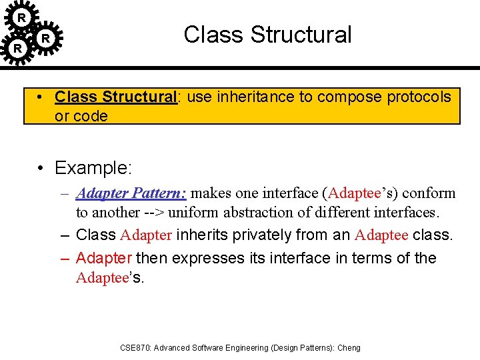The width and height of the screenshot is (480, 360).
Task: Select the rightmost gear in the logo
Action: click(x=45, y=39)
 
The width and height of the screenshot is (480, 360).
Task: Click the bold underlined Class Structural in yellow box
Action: click(x=115, y=97)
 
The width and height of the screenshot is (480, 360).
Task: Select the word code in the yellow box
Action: click(x=91, y=116)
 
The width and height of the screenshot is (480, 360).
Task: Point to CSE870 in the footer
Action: click(x=135, y=348)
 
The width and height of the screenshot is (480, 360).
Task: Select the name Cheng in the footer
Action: click(x=349, y=348)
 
